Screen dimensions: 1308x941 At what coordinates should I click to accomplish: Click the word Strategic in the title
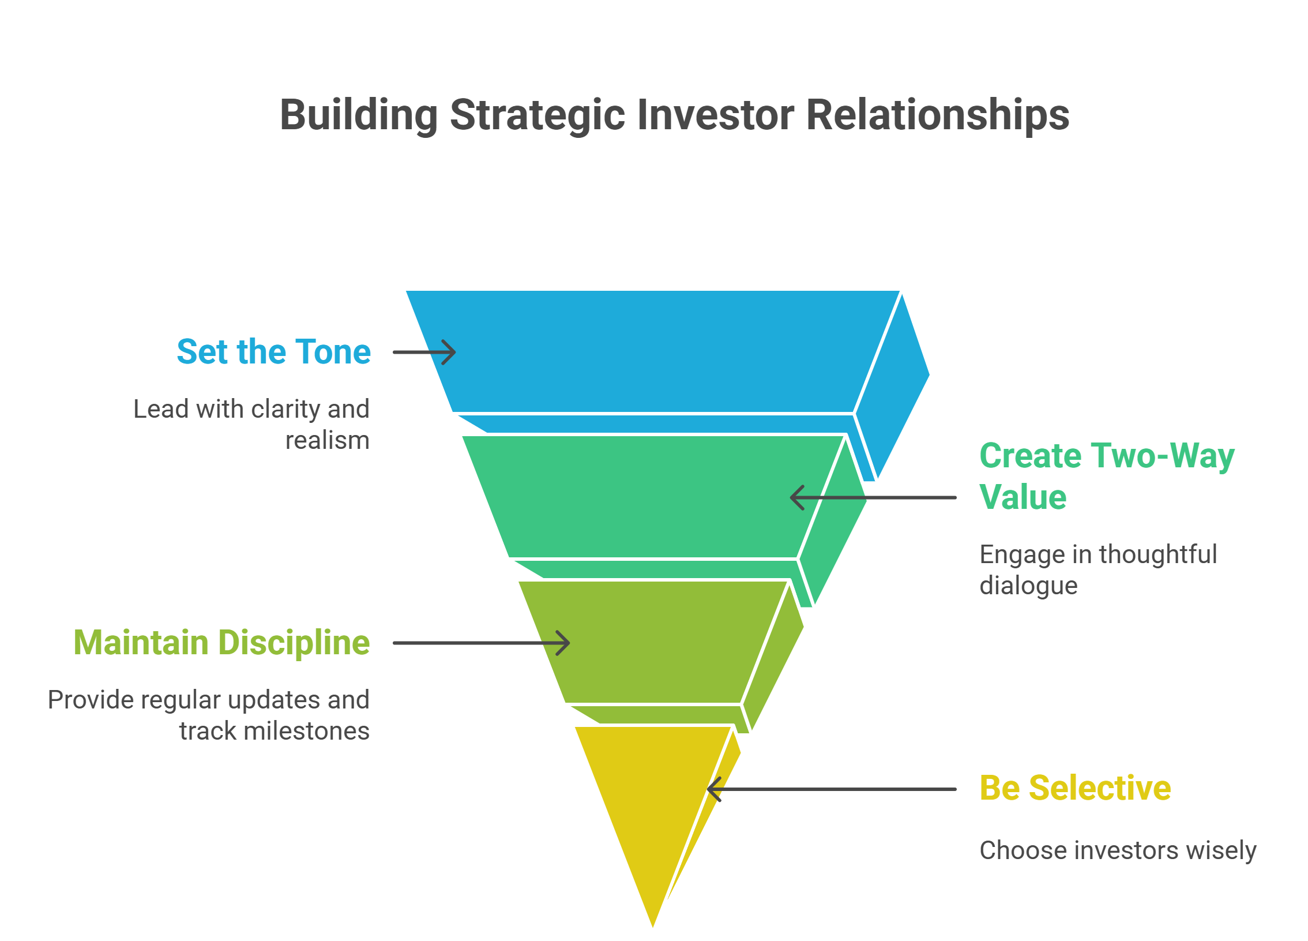pyautogui.click(x=537, y=116)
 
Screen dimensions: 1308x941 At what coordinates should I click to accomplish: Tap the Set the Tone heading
pyautogui.click(x=274, y=351)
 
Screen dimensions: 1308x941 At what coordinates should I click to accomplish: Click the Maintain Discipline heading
pyautogui.click(x=222, y=643)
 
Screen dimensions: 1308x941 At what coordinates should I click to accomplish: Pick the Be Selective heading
pyautogui.click(x=1076, y=788)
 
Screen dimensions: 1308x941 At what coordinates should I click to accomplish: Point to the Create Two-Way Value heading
pyautogui.click(x=1107, y=476)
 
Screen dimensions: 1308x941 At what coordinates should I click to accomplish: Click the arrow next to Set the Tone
pyautogui.click(x=424, y=352)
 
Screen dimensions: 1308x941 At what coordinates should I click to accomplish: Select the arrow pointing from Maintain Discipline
pyautogui.click(x=482, y=643)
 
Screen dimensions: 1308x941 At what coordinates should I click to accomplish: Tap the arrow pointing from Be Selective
pyautogui.click(x=832, y=789)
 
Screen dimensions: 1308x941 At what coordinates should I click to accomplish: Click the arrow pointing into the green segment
pyautogui.click(x=873, y=497)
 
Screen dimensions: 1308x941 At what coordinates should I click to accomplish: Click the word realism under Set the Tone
pyautogui.click(x=328, y=441)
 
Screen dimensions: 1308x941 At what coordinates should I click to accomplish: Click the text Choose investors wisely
pyautogui.click(x=1118, y=851)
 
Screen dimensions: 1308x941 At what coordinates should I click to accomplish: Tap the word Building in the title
pyautogui.click(x=359, y=116)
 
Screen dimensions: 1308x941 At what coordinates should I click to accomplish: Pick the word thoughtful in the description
pyautogui.click(x=1158, y=554)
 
